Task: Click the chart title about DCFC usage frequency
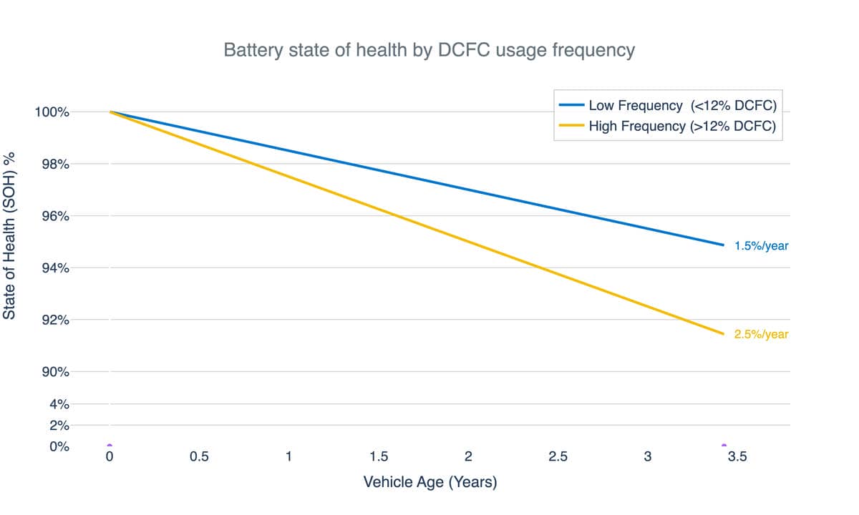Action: click(x=429, y=51)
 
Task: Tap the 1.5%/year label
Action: click(x=761, y=246)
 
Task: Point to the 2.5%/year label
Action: click(x=761, y=334)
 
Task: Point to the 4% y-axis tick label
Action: click(x=60, y=404)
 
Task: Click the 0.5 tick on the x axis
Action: click(x=199, y=457)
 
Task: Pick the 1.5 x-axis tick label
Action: click(x=379, y=457)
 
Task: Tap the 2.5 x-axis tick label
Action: click(x=558, y=457)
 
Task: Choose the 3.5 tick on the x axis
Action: click(x=737, y=457)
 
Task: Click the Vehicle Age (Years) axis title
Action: click(x=430, y=482)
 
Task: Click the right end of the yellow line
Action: click(x=723, y=333)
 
